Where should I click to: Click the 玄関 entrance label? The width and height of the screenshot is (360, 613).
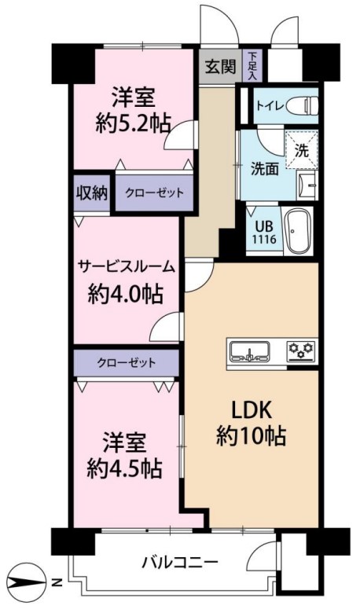pyautogui.click(x=221, y=67)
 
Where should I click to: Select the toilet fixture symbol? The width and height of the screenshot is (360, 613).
pyautogui.click(x=303, y=105)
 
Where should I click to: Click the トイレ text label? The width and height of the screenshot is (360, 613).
pyautogui.click(x=270, y=106)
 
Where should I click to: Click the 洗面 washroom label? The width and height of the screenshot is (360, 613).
pyautogui.click(x=265, y=169)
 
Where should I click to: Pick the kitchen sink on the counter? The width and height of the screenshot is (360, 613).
pyautogui.click(x=250, y=351)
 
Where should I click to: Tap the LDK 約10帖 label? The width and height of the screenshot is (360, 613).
pyautogui.click(x=252, y=424)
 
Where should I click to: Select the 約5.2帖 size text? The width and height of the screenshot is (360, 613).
pyautogui.click(x=134, y=125)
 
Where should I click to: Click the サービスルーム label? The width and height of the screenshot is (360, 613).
pyautogui.click(x=127, y=267)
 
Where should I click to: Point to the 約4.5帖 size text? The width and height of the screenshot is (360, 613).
pyautogui.click(x=124, y=468)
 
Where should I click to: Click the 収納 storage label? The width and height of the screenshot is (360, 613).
pyautogui.click(x=92, y=193)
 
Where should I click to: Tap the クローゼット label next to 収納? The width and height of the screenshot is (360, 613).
pyautogui.click(x=154, y=193)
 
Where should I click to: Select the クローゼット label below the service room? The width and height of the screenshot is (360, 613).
pyautogui.click(x=127, y=363)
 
